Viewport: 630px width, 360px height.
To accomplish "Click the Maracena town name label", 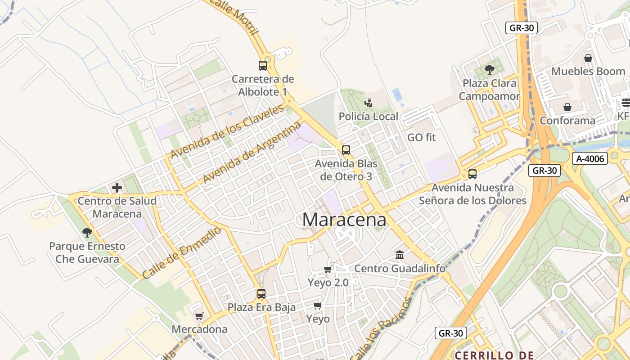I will click(344, 220).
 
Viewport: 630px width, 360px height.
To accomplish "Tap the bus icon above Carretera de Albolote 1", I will click(263, 66).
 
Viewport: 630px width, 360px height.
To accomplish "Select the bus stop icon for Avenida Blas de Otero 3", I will click(346, 150).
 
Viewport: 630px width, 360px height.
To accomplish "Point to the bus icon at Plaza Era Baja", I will click(261, 294).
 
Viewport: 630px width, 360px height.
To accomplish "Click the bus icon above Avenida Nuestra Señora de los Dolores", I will click(472, 174).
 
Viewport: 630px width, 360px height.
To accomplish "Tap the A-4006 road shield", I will click(590, 158).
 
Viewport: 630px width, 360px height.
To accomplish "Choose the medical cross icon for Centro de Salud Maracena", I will click(117, 188).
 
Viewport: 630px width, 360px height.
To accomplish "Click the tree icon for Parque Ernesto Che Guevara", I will click(87, 233).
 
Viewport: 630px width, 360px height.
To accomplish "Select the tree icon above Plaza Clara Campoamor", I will click(489, 70).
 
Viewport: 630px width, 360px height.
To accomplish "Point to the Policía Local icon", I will click(369, 103).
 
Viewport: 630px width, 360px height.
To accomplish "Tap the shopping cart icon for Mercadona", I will click(199, 316).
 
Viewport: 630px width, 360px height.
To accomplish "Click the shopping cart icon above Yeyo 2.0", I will click(328, 269).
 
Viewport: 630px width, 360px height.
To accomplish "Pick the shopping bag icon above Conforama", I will click(567, 107).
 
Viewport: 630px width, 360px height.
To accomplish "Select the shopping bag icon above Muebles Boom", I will click(588, 58).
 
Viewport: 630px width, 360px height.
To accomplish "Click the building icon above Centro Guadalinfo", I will click(400, 255).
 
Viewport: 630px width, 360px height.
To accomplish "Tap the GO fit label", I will click(422, 137).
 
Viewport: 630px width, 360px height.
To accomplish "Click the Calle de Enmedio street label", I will click(182, 252).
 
